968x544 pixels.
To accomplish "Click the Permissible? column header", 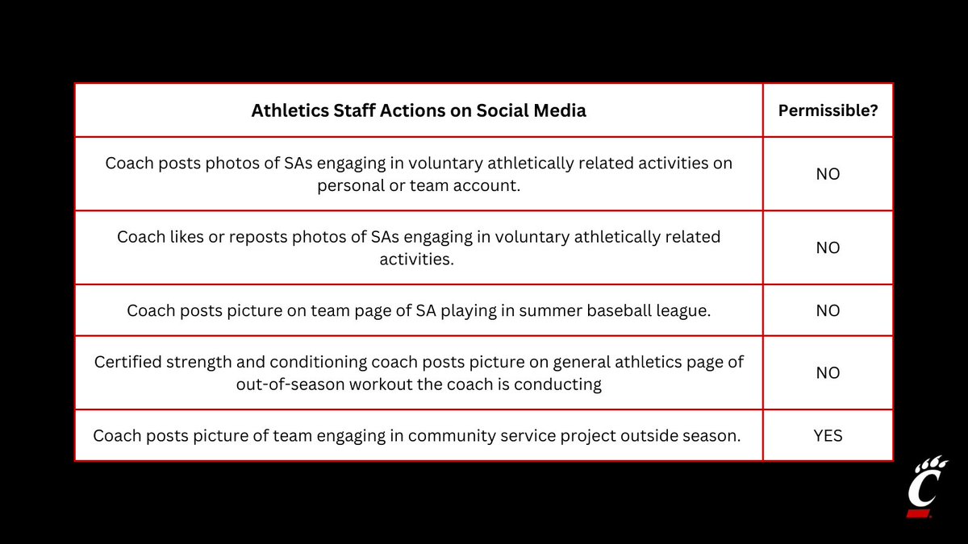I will tap(828, 110).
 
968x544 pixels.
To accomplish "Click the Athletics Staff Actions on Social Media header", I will tap(419, 110).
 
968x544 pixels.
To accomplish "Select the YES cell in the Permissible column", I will tap(828, 436).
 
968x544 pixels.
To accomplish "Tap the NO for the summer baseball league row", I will tap(828, 310).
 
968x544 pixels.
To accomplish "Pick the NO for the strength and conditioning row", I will tap(828, 373).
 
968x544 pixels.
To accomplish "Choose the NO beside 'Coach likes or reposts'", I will tap(828, 247).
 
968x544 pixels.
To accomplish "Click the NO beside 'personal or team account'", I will tap(828, 173).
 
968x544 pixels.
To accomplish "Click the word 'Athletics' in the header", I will tap(286, 110).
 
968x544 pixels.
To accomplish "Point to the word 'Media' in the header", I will tap(563, 110).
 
